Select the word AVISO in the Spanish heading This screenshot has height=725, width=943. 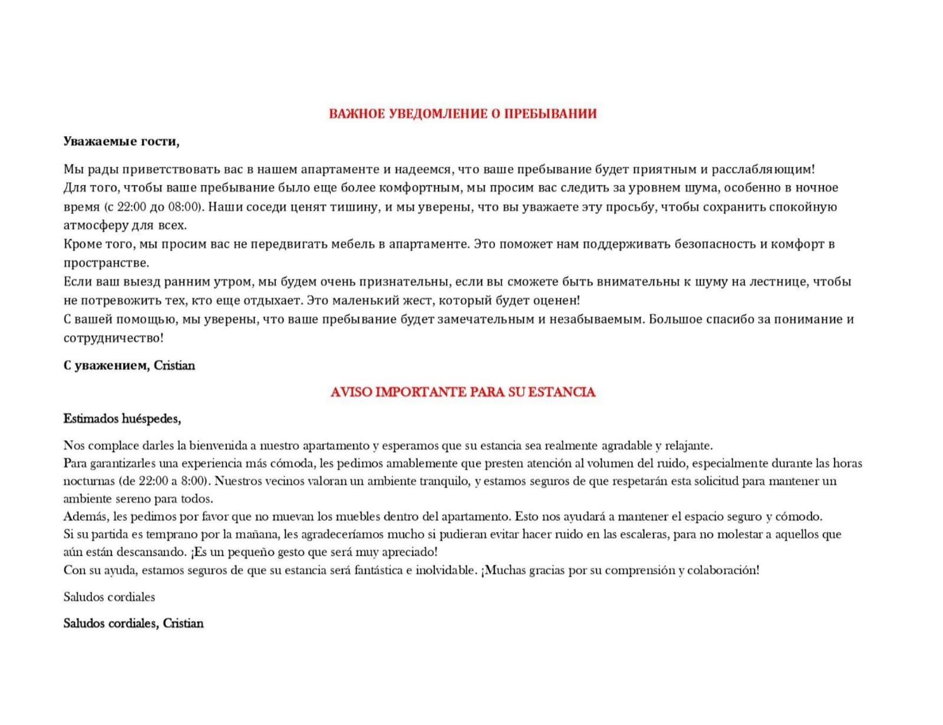point(351,393)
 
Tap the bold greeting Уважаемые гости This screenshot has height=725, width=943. point(121,141)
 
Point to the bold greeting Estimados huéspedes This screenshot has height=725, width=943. point(122,419)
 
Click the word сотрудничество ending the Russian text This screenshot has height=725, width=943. point(112,338)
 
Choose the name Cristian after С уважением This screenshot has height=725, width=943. point(174,365)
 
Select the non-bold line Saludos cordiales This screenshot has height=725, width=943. point(109,597)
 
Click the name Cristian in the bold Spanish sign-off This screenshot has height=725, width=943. point(183,624)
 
